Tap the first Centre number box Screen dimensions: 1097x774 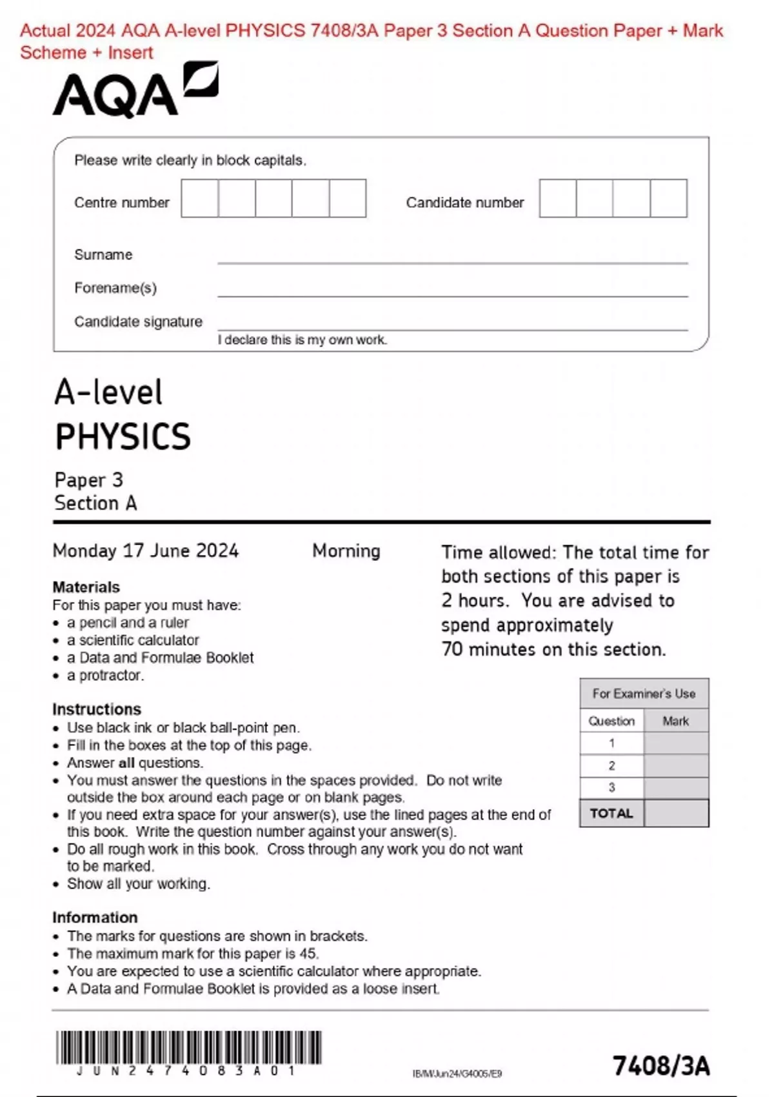tap(199, 199)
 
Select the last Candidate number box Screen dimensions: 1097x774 tap(668, 199)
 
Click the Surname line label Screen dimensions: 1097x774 tap(103, 255)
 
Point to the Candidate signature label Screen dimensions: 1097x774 tap(138, 321)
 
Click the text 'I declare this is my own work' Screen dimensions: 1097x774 tap(302, 340)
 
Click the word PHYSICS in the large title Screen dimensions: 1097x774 tap(123, 437)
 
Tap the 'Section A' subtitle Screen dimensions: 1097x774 tap(95, 503)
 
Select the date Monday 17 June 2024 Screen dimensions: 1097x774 tap(146, 551)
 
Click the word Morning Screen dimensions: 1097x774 tap(346, 551)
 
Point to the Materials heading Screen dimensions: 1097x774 tap(86, 587)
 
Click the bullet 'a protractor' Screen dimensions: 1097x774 tap(105, 676)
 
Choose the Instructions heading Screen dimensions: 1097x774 tap(96, 709)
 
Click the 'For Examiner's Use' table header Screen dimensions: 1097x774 tap(644, 694)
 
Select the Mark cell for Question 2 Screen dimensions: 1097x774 tap(676, 766)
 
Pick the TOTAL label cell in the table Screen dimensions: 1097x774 tap(611, 814)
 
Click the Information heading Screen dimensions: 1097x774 tap(95, 918)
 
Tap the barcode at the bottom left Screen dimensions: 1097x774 tap(188, 1047)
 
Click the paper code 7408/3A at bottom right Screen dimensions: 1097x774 tap(660, 1066)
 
